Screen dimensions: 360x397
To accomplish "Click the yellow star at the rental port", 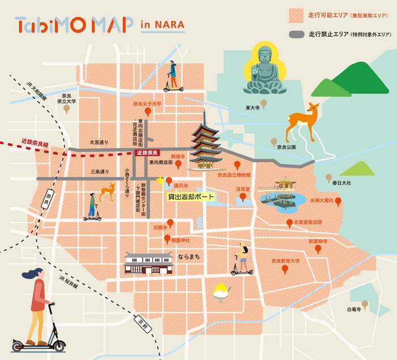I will point(159,181).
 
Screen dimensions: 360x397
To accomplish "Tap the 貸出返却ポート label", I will point(191,196).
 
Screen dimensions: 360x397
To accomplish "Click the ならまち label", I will point(189,257).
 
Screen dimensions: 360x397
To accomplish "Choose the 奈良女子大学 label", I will point(147,104).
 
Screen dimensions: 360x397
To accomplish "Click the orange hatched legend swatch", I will point(295,14).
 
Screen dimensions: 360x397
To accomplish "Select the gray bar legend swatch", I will point(295,34).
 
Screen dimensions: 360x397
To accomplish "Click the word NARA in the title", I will point(170,26).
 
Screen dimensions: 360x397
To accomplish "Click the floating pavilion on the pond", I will point(284,185).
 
